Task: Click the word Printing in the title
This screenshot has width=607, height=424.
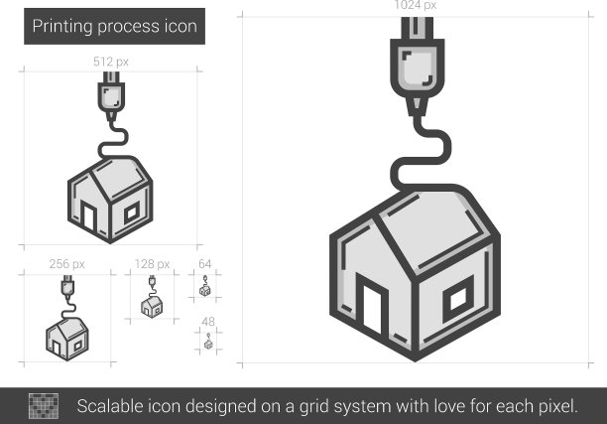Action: click(62, 27)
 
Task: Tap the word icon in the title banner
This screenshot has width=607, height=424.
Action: click(181, 26)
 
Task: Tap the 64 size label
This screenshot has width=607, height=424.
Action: click(204, 264)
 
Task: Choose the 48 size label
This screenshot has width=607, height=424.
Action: click(208, 322)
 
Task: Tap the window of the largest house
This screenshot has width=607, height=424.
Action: click(459, 299)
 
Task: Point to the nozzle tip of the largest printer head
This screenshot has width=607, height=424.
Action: click(417, 115)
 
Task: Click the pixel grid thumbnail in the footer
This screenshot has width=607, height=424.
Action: click(44, 406)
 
